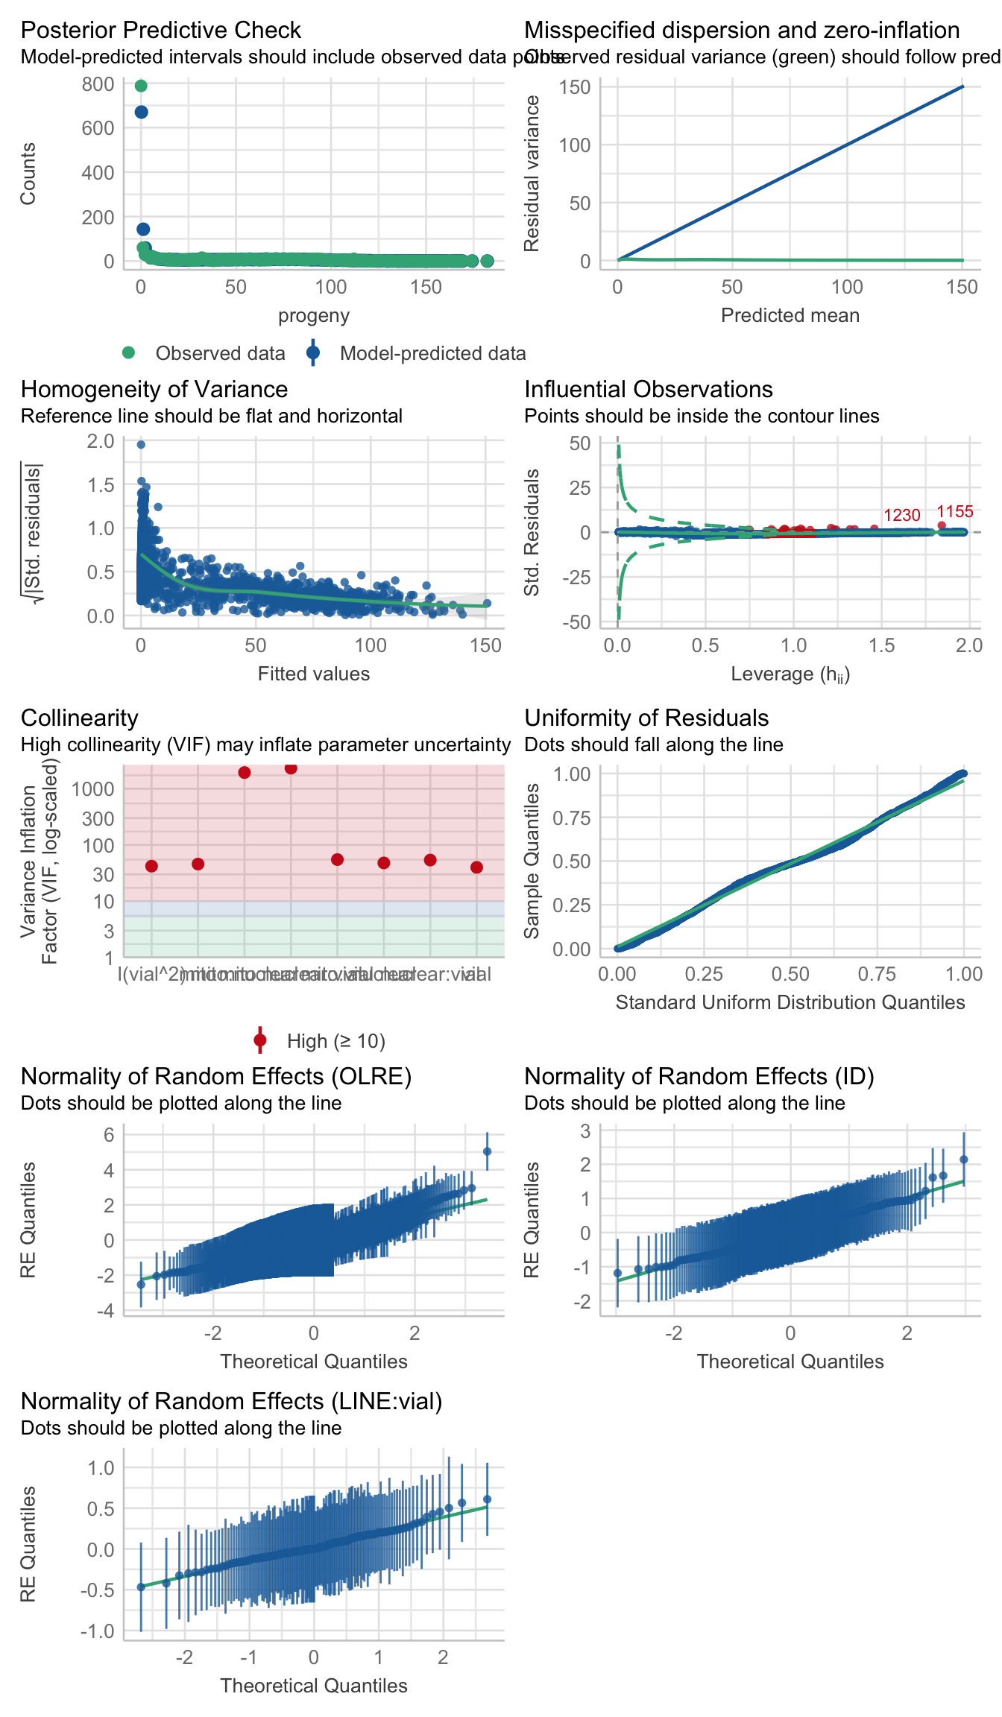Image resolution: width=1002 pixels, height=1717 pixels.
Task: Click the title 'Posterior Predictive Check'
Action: pyautogui.click(x=160, y=30)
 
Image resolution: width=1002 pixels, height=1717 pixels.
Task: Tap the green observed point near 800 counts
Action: pyautogui.click(x=141, y=86)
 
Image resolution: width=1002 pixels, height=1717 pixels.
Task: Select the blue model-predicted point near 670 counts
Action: pyautogui.click(x=141, y=113)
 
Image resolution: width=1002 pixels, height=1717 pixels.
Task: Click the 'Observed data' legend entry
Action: pyautogui.click(x=220, y=353)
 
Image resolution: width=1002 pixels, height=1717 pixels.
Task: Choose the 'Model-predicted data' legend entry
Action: pyautogui.click(x=432, y=353)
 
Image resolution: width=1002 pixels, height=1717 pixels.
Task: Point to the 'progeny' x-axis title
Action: pyautogui.click(x=314, y=315)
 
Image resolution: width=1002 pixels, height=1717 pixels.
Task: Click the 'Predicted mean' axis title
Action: pyautogui.click(x=790, y=315)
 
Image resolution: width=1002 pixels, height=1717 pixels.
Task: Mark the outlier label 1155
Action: pyautogui.click(x=954, y=512)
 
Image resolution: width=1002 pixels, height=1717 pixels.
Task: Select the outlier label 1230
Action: pyautogui.click(x=901, y=516)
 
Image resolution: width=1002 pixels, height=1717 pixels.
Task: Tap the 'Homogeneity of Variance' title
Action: pyautogui.click(x=154, y=389)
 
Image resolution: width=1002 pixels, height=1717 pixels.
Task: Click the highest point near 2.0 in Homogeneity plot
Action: pyautogui.click(x=141, y=445)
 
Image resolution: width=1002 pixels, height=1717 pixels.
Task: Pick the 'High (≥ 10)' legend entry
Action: pyautogui.click(x=335, y=1041)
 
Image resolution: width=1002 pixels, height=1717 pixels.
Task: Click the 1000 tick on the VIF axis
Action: pyautogui.click(x=93, y=789)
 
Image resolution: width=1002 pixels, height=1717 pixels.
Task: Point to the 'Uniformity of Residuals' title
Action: pyautogui.click(x=646, y=718)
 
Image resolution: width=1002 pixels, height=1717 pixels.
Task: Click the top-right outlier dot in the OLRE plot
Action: pyautogui.click(x=487, y=1151)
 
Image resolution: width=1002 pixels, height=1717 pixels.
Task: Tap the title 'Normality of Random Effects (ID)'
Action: pyautogui.click(x=699, y=1076)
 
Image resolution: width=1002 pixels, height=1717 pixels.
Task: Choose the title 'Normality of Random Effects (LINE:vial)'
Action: pyautogui.click(x=231, y=1401)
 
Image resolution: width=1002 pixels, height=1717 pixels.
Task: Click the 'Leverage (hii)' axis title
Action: pyautogui.click(x=790, y=674)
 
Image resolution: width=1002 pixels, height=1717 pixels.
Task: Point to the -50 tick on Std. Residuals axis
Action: pyautogui.click(x=575, y=622)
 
